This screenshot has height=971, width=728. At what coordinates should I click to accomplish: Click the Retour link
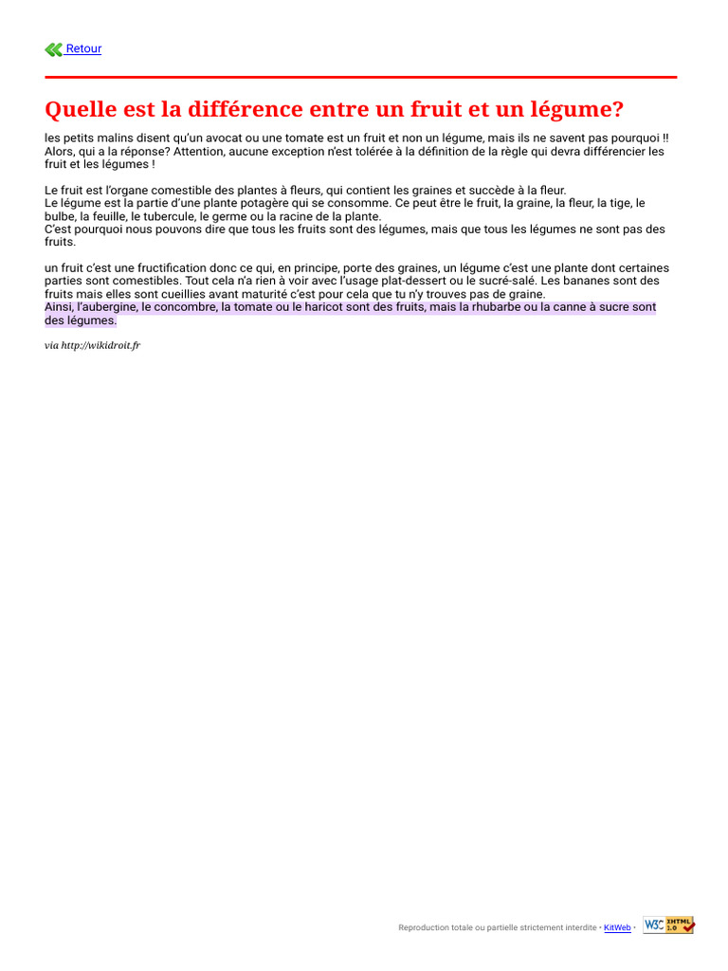83,49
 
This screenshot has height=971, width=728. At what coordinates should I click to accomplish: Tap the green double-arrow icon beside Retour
53,49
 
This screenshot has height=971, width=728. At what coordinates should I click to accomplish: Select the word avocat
222,137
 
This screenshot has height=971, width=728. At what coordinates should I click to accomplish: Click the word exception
299,151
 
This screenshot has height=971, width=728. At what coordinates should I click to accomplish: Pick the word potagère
242,203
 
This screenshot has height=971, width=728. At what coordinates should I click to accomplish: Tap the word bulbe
60,216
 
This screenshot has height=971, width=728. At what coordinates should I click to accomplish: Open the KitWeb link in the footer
617,927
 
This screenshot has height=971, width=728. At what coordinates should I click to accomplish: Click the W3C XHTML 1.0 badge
668,925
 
